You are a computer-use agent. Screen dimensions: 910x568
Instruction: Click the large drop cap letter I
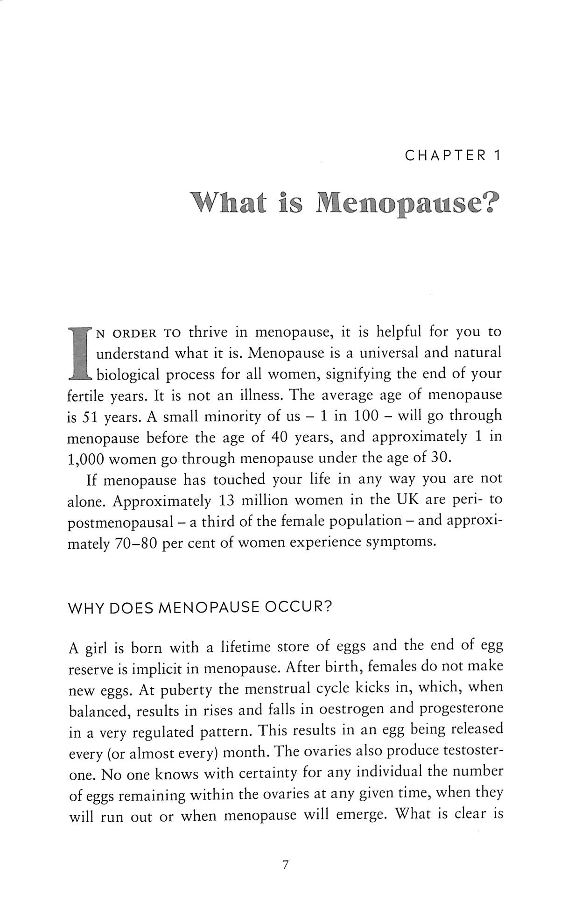(79, 353)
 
